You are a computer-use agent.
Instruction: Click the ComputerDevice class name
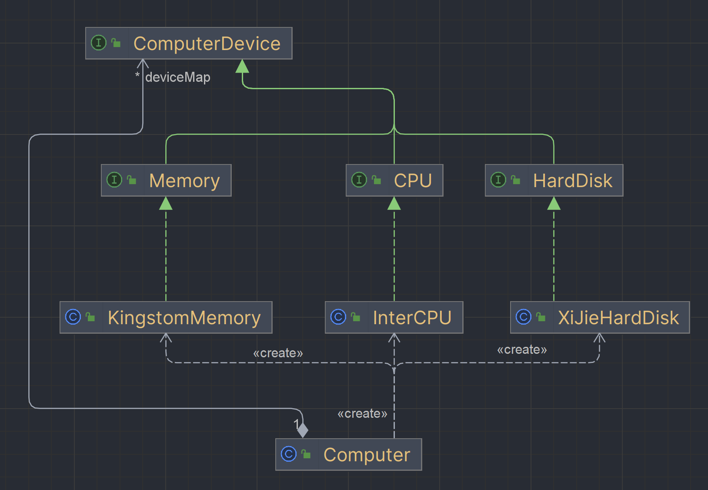point(207,44)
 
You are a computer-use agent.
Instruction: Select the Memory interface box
point(166,180)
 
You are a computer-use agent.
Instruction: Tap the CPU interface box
point(394,180)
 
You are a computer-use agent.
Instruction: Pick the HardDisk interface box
point(554,180)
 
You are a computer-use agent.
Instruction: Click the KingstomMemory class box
point(166,317)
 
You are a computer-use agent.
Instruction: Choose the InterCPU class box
point(394,317)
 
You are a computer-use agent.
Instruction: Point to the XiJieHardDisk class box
point(600,317)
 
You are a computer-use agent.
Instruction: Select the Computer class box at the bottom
point(348,454)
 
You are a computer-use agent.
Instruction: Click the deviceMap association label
point(177,77)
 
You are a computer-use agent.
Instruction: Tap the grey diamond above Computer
point(303,430)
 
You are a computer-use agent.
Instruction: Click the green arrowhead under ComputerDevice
point(242,67)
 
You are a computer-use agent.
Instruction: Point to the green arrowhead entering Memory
point(166,204)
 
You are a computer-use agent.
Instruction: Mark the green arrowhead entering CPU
point(394,204)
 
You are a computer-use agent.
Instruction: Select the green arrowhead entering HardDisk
point(554,204)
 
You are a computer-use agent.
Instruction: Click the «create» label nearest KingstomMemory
point(278,353)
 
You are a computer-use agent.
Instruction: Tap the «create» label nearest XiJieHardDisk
point(522,349)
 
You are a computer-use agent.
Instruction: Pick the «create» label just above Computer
point(362,413)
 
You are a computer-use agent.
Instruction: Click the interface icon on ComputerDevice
point(99,43)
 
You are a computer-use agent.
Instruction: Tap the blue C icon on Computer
point(289,454)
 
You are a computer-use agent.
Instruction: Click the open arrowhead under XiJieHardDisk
point(599,338)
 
